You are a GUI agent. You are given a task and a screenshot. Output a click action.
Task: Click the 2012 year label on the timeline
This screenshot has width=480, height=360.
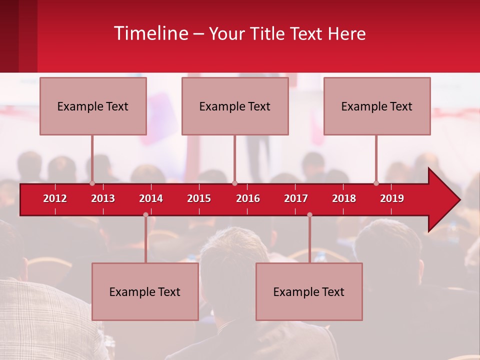[x=55, y=198]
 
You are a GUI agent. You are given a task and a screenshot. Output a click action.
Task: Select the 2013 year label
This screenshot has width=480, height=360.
[x=103, y=198]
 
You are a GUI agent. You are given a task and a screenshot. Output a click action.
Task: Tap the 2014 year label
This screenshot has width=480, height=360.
[x=151, y=198]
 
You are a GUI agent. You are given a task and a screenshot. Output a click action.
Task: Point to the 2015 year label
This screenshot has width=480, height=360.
[x=199, y=198]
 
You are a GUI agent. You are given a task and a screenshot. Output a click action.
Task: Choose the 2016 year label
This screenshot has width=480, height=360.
[x=248, y=198]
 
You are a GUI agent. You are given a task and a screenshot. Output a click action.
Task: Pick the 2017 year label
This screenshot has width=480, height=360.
[x=296, y=198]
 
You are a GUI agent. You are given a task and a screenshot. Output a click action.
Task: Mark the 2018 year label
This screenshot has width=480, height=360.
[x=344, y=198]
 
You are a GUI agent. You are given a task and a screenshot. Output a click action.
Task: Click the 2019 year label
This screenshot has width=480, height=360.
[x=392, y=198]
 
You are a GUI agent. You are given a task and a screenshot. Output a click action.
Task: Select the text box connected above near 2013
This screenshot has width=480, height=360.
[x=93, y=106]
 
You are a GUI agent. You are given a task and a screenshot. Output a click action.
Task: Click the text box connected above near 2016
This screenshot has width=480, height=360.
[x=235, y=106]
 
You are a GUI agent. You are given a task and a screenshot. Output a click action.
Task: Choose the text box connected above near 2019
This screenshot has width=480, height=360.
[x=377, y=106]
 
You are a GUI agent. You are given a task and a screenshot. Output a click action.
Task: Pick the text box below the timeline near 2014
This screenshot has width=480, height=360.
[x=145, y=291]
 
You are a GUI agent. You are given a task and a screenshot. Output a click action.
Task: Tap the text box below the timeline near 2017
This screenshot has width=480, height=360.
[x=309, y=291]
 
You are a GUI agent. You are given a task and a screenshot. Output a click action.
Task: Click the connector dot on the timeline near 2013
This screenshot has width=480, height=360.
[x=92, y=183]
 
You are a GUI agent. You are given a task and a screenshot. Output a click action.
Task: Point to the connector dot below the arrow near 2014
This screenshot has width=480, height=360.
[x=145, y=214]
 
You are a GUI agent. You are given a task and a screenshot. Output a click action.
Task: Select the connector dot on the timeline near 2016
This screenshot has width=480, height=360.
[x=234, y=183]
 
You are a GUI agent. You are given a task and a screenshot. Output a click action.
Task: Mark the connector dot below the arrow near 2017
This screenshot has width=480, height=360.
[x=309, y=214]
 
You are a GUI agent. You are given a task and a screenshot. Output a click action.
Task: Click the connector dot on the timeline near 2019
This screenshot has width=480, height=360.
[x=376, y=183]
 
